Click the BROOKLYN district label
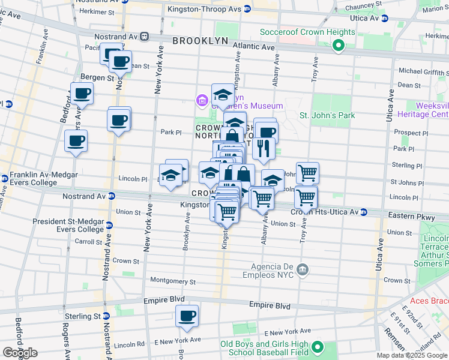pyautogui.click(x=200, y=41)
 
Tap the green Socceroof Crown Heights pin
pyautogui.click(x=339, y=44)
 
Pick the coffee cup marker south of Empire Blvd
pyautogui.click(x=187, y=316)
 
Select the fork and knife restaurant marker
pyautogui.click(x=263, y=148)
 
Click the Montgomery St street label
pyautogui.click(x=173, y=281)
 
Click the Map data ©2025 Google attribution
pyautogui.click(x=412, y=355)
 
